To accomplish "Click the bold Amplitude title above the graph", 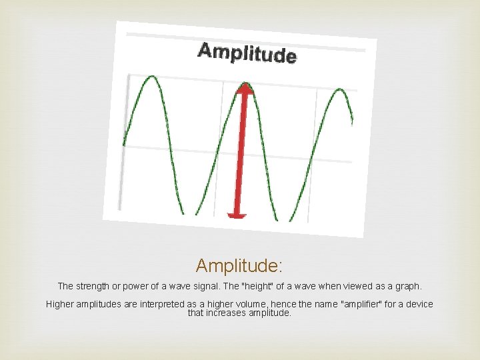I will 247,53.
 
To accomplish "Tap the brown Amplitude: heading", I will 239,266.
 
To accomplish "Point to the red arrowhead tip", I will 245,85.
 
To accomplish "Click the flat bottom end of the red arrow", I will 237,215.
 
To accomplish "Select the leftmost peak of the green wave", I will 152,77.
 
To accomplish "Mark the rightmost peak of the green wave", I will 340,90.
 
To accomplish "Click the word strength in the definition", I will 95,286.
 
